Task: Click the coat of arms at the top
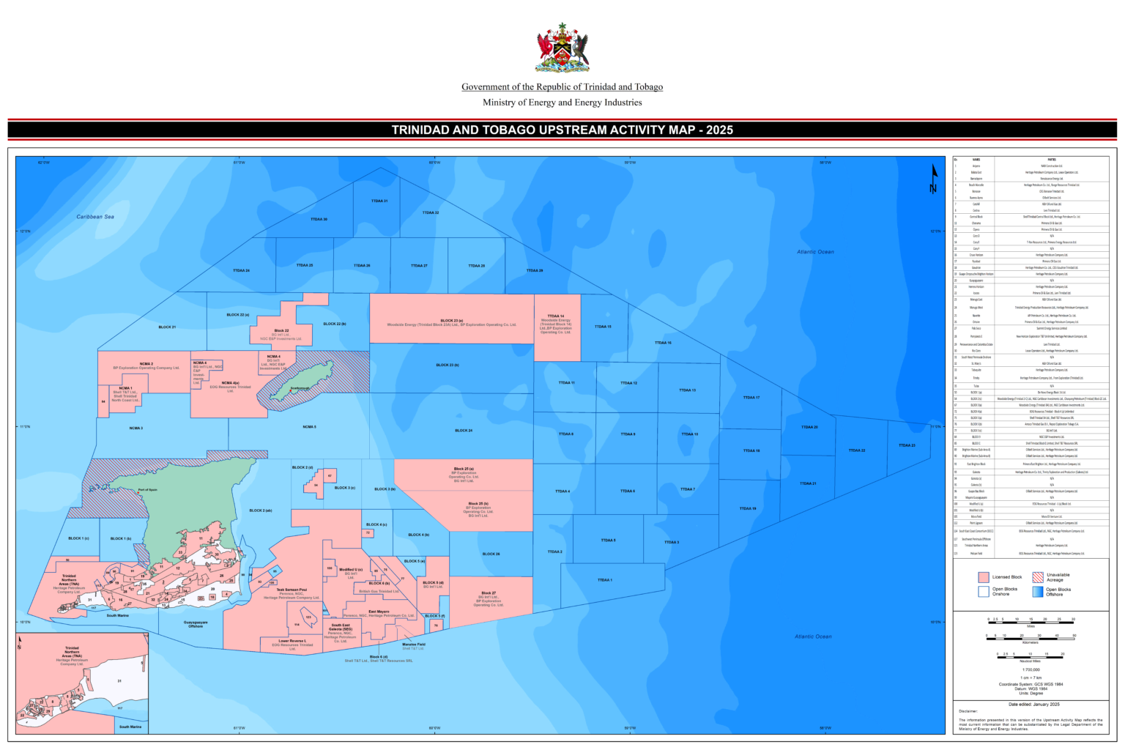coord(562,48)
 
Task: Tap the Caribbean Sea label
coord(95,217)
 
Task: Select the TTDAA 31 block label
coord(379,201)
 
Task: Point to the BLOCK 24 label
coord(464,431)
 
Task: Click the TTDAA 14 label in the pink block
coord(556,316)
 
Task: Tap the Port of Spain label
coord(147,489)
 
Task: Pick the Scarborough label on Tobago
coord(300,388)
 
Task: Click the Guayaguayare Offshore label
coord(196,624)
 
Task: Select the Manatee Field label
coord(413,645)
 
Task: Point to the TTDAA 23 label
coord(907,445)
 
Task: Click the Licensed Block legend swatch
coord(984,577)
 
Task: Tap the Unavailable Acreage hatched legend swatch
coord(1038,577)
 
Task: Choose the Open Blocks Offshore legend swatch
coord(1038,591)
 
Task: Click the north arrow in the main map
coord(934,178)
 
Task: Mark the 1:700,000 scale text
coord(1031,669)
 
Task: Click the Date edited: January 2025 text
coord(1033,705)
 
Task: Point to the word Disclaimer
coord(968,711)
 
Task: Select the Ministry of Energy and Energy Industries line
coord(562,103)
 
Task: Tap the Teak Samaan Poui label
coord(292,590)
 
